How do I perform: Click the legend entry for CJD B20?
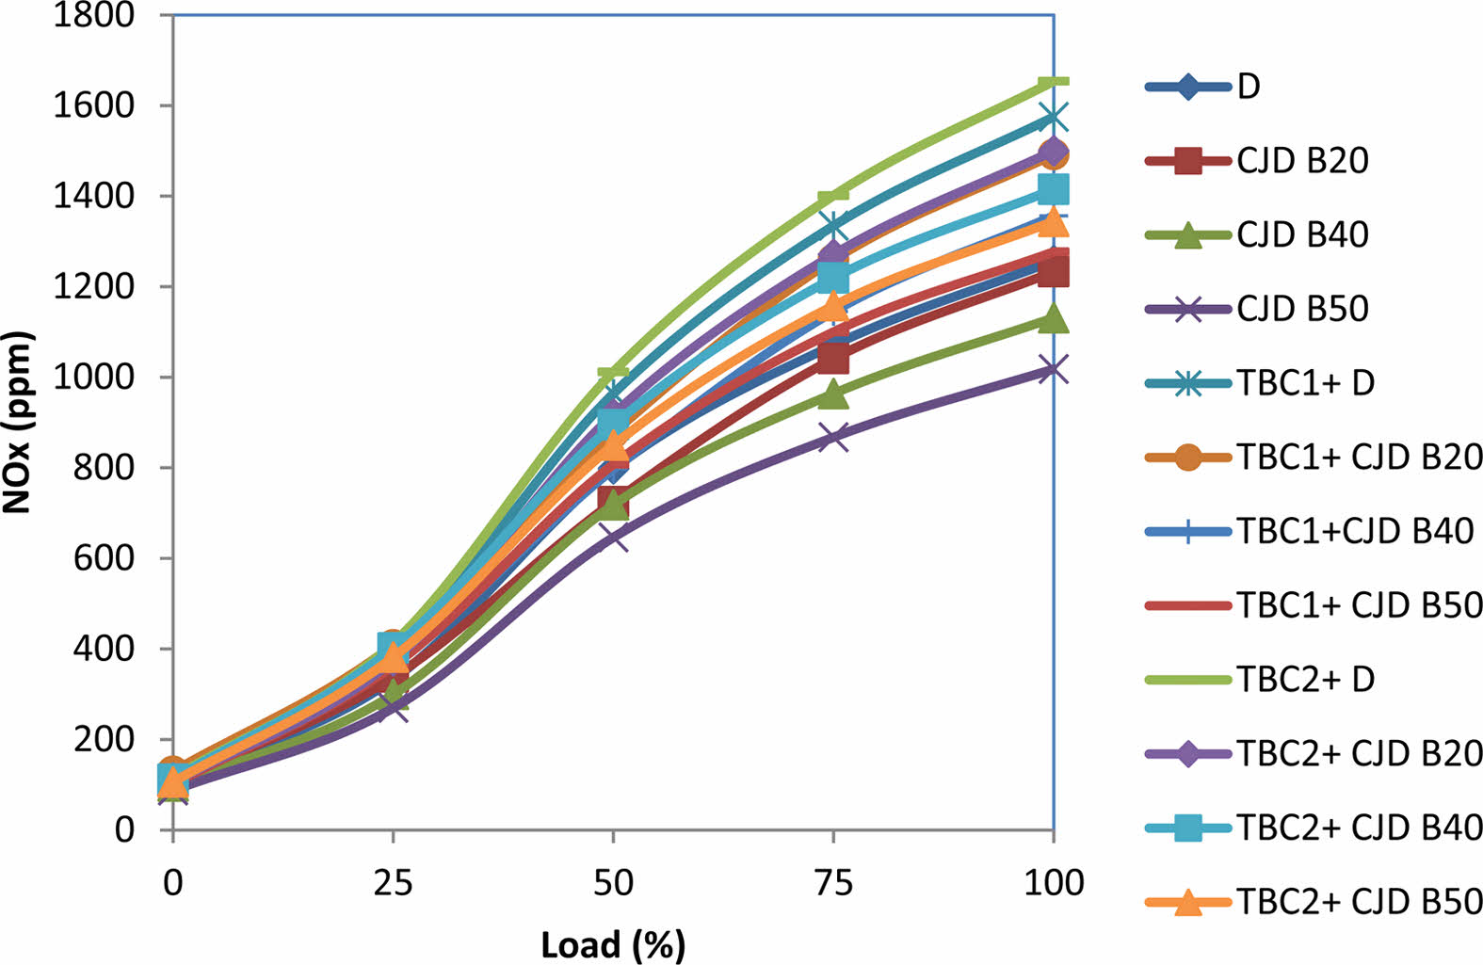tap(1302, 161)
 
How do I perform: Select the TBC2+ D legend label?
tap(1305, 679)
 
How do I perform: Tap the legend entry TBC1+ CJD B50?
tap(1359, 605)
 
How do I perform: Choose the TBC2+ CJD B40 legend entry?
tap(1359, 828)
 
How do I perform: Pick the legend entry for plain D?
tap(1249, 87)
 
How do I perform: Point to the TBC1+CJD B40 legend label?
tap(1354, 531)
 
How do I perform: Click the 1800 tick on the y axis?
tap(94, 15)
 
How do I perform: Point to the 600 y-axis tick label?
tap(105, 558)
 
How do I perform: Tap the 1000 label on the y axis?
tap(94, 378)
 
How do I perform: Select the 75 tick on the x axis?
tap(833, 883)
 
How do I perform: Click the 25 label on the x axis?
tap(393, 883)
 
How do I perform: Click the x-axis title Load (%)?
tap(613, 944)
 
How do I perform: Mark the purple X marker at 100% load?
tap(1053, 369)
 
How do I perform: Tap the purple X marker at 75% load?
tap(833, 437)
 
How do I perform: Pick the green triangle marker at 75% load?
tap(833, 394)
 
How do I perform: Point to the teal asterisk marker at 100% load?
tap(1053, 119)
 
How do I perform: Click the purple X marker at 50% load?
tap(613, 539)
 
